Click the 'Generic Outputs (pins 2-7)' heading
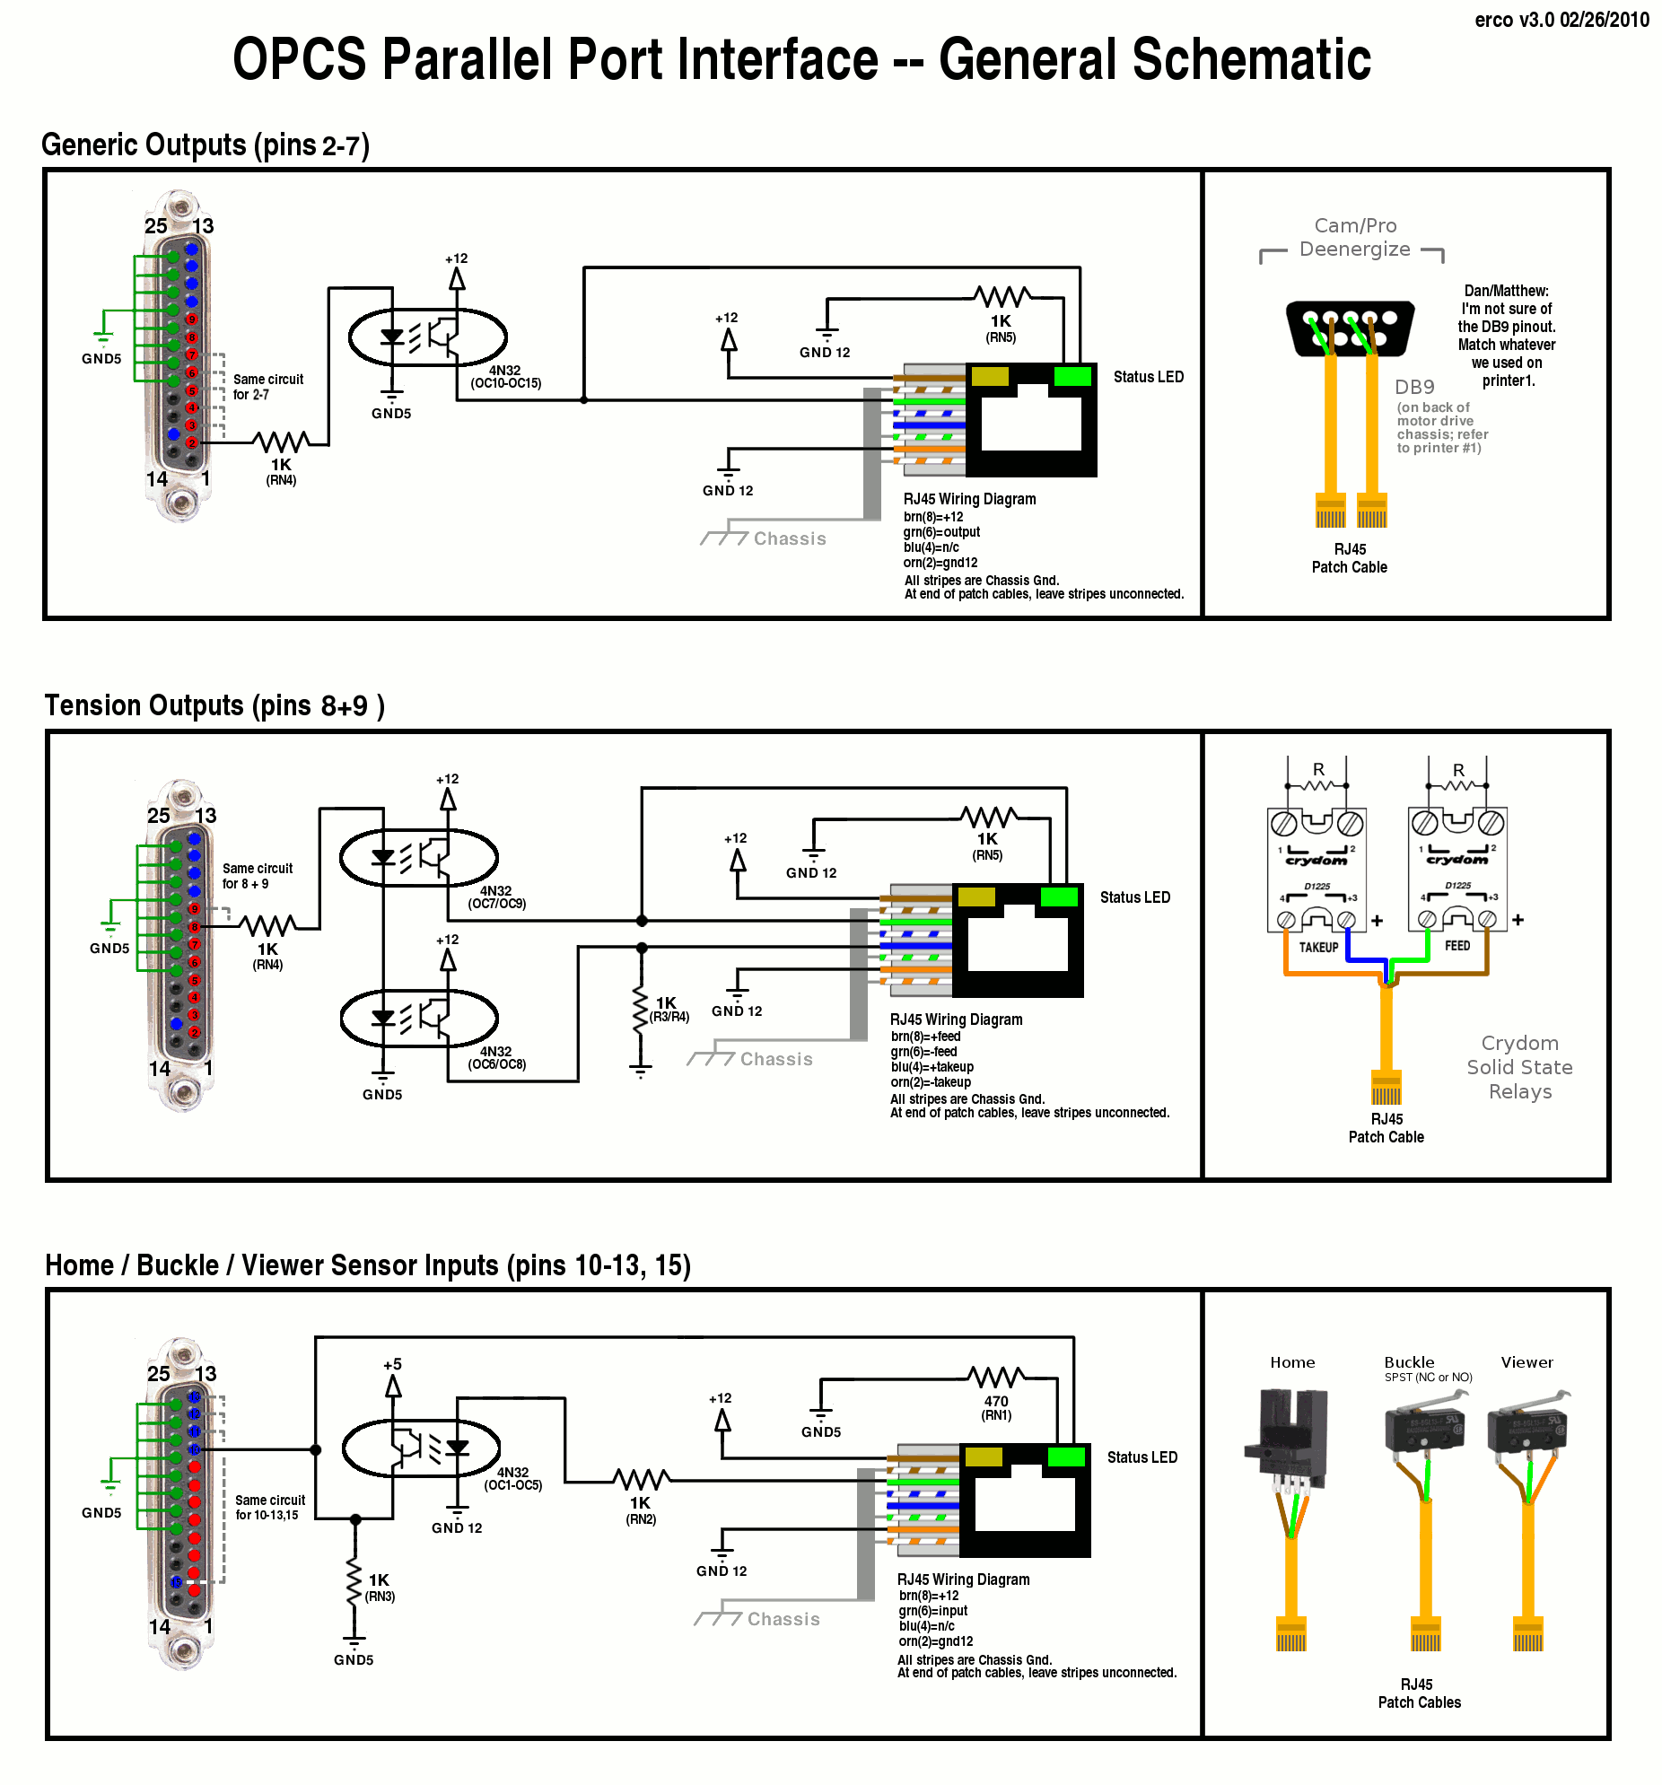(206, 145)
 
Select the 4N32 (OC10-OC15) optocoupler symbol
(427, 337)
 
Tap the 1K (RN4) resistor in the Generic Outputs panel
(281, 442)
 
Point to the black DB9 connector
(1350, 328)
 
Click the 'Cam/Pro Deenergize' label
(1354, 238)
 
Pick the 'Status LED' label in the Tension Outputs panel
(1135, 897)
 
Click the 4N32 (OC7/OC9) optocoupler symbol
(418, 857)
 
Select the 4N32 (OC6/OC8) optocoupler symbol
(418, 1018)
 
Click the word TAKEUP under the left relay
(1318, 948)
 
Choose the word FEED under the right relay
(1457, 946)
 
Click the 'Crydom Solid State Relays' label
(1519, 1068)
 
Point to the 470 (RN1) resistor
(996, 1378)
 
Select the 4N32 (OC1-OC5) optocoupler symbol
(421, 1448)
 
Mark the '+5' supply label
(392, 1364)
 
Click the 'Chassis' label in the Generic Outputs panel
(789, 538)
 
